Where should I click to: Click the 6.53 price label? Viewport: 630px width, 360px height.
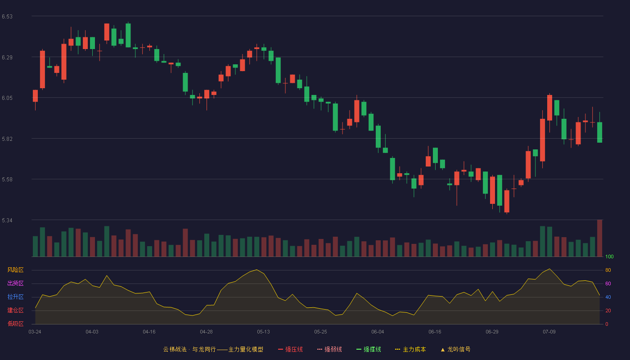click(x=7, y=17)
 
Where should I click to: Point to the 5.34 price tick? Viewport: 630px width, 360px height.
click(x=7, y=220)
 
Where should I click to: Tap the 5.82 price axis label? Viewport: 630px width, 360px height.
click(x=7, y=139)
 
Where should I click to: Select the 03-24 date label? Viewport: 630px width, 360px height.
click(x=35, y=332)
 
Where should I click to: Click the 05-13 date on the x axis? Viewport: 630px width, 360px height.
click(x=263, y=332)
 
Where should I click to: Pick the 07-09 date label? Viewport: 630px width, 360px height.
click(x=549, y=332)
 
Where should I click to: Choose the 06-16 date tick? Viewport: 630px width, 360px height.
click(x=435, y=332)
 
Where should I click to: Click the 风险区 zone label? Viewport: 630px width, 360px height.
click(x=15, y=270)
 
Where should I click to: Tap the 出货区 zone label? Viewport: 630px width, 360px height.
click(x=15, y=283)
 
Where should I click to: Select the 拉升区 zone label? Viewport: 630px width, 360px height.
click(x=15, y=297)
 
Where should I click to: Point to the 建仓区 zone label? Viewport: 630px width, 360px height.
click(x=15, y=310)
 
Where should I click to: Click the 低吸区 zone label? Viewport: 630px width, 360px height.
click(x=15, y=324)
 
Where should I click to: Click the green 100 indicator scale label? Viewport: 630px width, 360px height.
click(x=609, y=256)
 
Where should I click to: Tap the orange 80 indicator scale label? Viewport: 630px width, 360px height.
click(x=608, y=270)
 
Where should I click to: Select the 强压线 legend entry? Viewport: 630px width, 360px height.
click(x=291, y=349)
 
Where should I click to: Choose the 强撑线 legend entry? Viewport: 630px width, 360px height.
click(x=369, y=349)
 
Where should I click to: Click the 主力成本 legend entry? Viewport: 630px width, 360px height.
click(x=410, y=349)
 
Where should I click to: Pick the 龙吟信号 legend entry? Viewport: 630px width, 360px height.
click(x=455, y=349)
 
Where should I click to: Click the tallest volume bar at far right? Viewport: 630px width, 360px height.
click(x=599, y=238)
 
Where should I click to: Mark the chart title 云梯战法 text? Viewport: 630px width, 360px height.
click(x=175, y=349)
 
